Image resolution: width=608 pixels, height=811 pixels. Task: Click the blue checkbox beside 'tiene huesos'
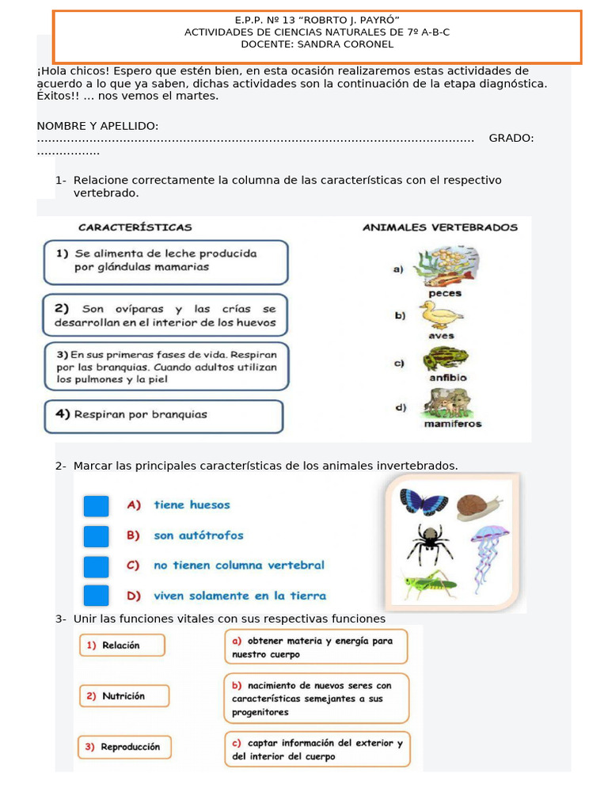coord(96,506)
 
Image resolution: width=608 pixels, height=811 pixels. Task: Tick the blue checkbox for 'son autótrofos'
coord(96,536)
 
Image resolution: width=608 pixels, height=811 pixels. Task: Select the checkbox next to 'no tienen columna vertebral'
coord(96,566)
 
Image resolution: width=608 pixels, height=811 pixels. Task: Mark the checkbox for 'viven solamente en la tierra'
coord(96,596)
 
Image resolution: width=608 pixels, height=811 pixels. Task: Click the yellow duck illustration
coord(441,316)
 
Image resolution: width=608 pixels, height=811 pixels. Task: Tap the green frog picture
coord(445,359)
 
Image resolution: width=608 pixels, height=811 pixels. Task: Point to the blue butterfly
coord(424,502)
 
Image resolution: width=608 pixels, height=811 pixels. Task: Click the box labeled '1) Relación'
coord(121,645)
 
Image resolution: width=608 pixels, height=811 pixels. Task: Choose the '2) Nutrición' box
coord(123,696)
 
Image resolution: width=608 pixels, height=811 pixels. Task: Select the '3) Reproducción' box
coord(124,747)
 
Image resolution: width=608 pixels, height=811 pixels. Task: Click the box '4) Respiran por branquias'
coord(163,416)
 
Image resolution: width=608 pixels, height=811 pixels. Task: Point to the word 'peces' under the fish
coord(444,293)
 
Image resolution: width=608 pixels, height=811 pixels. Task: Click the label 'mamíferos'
coord(452,424)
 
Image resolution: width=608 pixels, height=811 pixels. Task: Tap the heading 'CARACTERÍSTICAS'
coord(135,227)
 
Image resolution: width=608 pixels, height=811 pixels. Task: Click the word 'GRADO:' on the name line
coord(511,139)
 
